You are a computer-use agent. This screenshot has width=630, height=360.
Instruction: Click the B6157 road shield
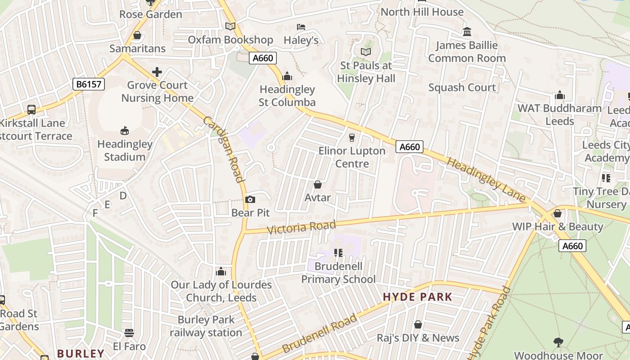tap(88, 84)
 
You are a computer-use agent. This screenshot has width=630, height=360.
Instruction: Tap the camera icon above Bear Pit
tap(250, 199)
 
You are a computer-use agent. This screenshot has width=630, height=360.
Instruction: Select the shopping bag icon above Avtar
tap(318, 184)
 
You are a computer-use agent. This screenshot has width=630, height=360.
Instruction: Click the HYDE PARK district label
tap(417, 297)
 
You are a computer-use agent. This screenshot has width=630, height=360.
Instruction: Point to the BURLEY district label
tap(81, 353)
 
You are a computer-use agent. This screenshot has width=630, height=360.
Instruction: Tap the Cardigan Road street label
tap(224, 149)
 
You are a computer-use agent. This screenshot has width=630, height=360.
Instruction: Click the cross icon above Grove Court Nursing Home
tap(157, 72)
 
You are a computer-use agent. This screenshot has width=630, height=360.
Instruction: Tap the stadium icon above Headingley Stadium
tap(125, 131)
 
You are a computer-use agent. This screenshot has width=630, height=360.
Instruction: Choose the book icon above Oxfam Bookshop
tap(230, 27)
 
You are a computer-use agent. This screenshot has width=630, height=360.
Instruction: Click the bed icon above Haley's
tap(301, 27)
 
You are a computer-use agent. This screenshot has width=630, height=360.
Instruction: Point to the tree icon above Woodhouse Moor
tap(558, 342)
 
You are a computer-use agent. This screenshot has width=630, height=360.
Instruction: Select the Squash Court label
tap(462, 87)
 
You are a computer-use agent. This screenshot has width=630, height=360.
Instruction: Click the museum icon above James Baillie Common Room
tap(467, 32)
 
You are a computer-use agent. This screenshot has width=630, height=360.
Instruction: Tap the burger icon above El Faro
tap(129, 333)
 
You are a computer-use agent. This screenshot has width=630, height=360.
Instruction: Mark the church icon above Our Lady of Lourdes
tap(220, 271)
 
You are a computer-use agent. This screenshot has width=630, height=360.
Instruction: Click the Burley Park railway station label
tap(206, 326)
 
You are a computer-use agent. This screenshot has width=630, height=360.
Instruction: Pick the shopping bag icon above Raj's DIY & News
tap(418, 324)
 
